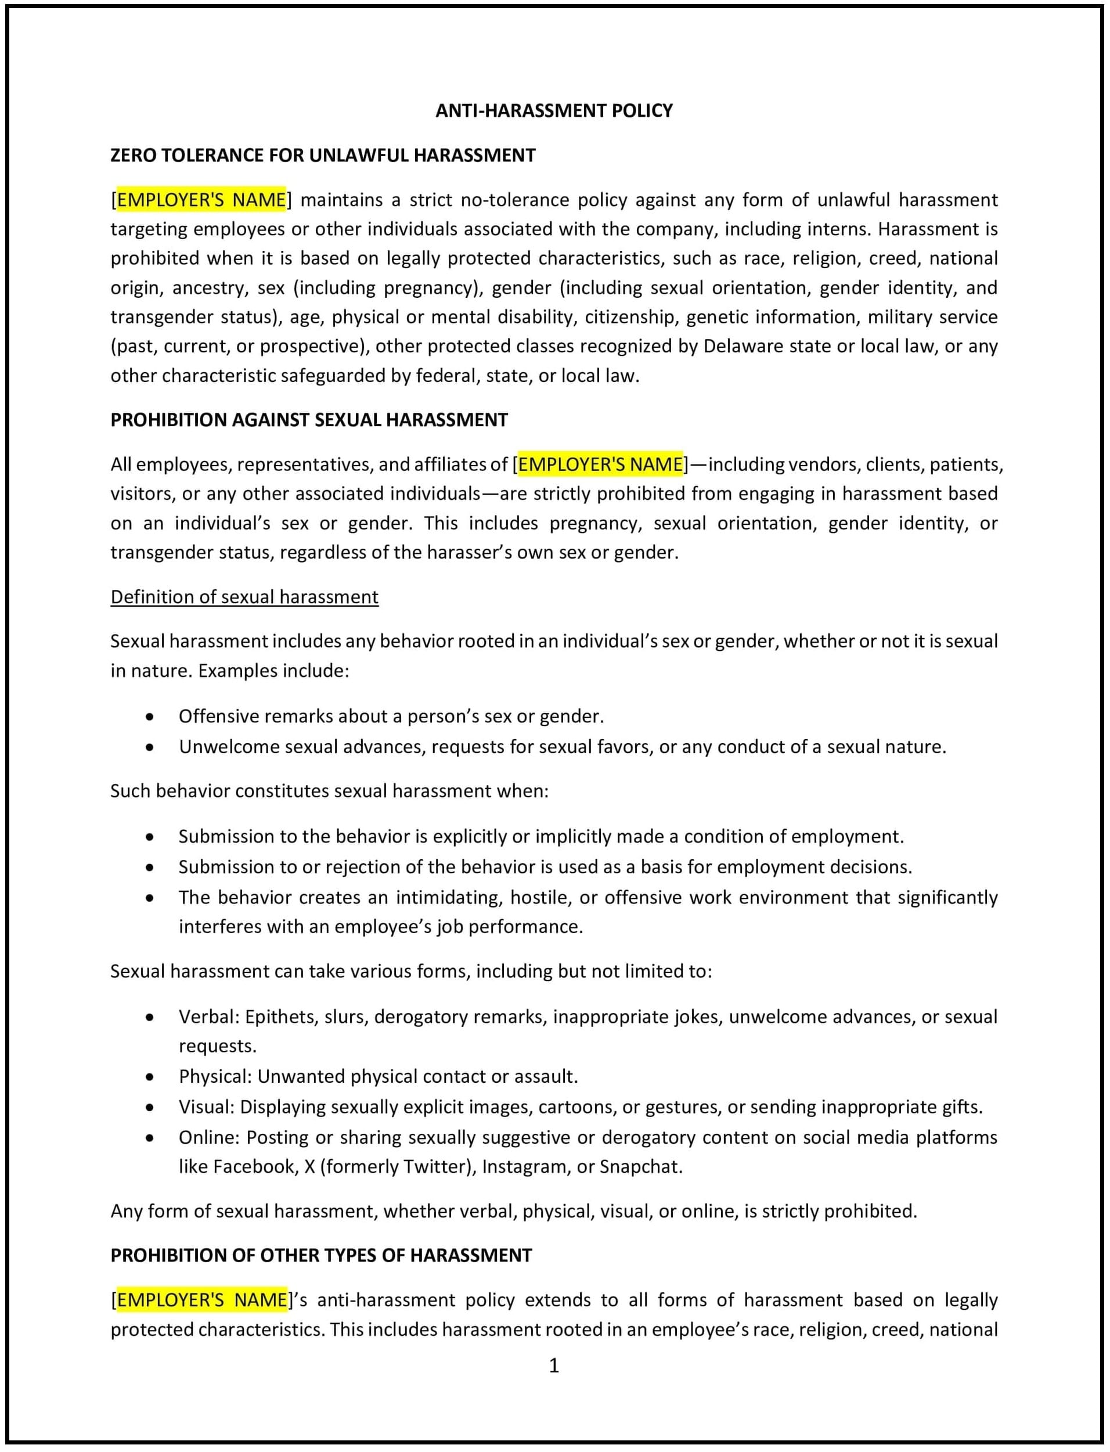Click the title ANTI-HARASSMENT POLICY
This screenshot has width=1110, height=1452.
pos(554,110)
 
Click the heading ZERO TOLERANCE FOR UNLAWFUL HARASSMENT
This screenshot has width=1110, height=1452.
pos(322,155)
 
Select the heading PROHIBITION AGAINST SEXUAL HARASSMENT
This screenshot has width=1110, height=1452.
pos(308,420)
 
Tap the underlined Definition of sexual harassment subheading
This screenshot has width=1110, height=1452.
pos(244,597)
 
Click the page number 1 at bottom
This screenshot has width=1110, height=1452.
pos(554,1365)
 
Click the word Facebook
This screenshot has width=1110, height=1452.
pos(255,1166)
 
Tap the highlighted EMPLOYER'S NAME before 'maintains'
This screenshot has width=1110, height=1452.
pos(201,200)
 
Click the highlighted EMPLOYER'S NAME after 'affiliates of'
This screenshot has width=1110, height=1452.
pos(600,464)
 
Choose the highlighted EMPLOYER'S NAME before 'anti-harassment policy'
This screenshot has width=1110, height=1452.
pos(202,1300)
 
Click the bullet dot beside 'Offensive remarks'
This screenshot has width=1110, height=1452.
pos(150,717)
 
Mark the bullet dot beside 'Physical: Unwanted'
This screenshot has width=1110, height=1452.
pos(150,1077)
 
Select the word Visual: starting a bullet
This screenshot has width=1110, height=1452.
pos(206,1107)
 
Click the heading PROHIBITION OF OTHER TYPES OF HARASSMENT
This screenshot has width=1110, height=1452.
pos(321,1256)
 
